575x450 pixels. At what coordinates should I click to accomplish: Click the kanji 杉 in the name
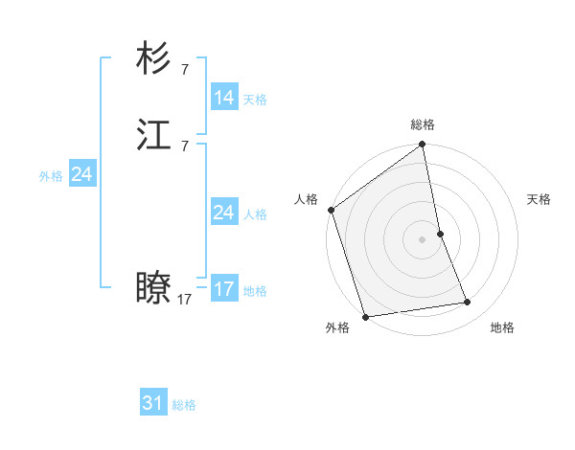pos(154,59)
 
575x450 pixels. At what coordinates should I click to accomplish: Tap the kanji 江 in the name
pos(154,135)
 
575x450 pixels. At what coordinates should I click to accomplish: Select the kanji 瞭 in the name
pos(154,287)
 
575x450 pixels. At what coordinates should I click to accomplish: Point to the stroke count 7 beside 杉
pos(184,70)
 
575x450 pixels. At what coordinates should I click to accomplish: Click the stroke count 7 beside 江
pos(184,146)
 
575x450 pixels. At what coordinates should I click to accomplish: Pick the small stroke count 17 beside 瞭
pos(184,299)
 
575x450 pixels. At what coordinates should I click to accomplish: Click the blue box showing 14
pos(223,97)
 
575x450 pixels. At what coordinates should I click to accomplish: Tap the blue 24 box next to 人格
pos(223,212)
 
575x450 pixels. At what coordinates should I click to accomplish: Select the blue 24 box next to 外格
pos(82,174)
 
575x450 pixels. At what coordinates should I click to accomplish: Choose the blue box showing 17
pos(223,288)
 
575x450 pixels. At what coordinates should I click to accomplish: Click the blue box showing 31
pos(153,403)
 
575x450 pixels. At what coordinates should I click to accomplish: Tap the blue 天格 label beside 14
pos(254,100)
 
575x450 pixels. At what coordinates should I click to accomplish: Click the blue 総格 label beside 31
pos(184,406)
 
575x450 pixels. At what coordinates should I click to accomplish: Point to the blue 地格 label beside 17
pos(254,291)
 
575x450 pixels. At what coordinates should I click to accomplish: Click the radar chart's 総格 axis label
pos(423,124)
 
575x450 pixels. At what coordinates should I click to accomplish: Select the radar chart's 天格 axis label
pos(539,199)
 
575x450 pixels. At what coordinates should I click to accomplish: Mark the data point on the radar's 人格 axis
pos(332,210)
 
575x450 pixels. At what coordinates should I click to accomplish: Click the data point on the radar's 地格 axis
pos(468,303)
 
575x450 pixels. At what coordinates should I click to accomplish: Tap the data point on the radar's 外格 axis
pos(365,316)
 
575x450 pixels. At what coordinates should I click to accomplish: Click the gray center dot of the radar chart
pos(423,239)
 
